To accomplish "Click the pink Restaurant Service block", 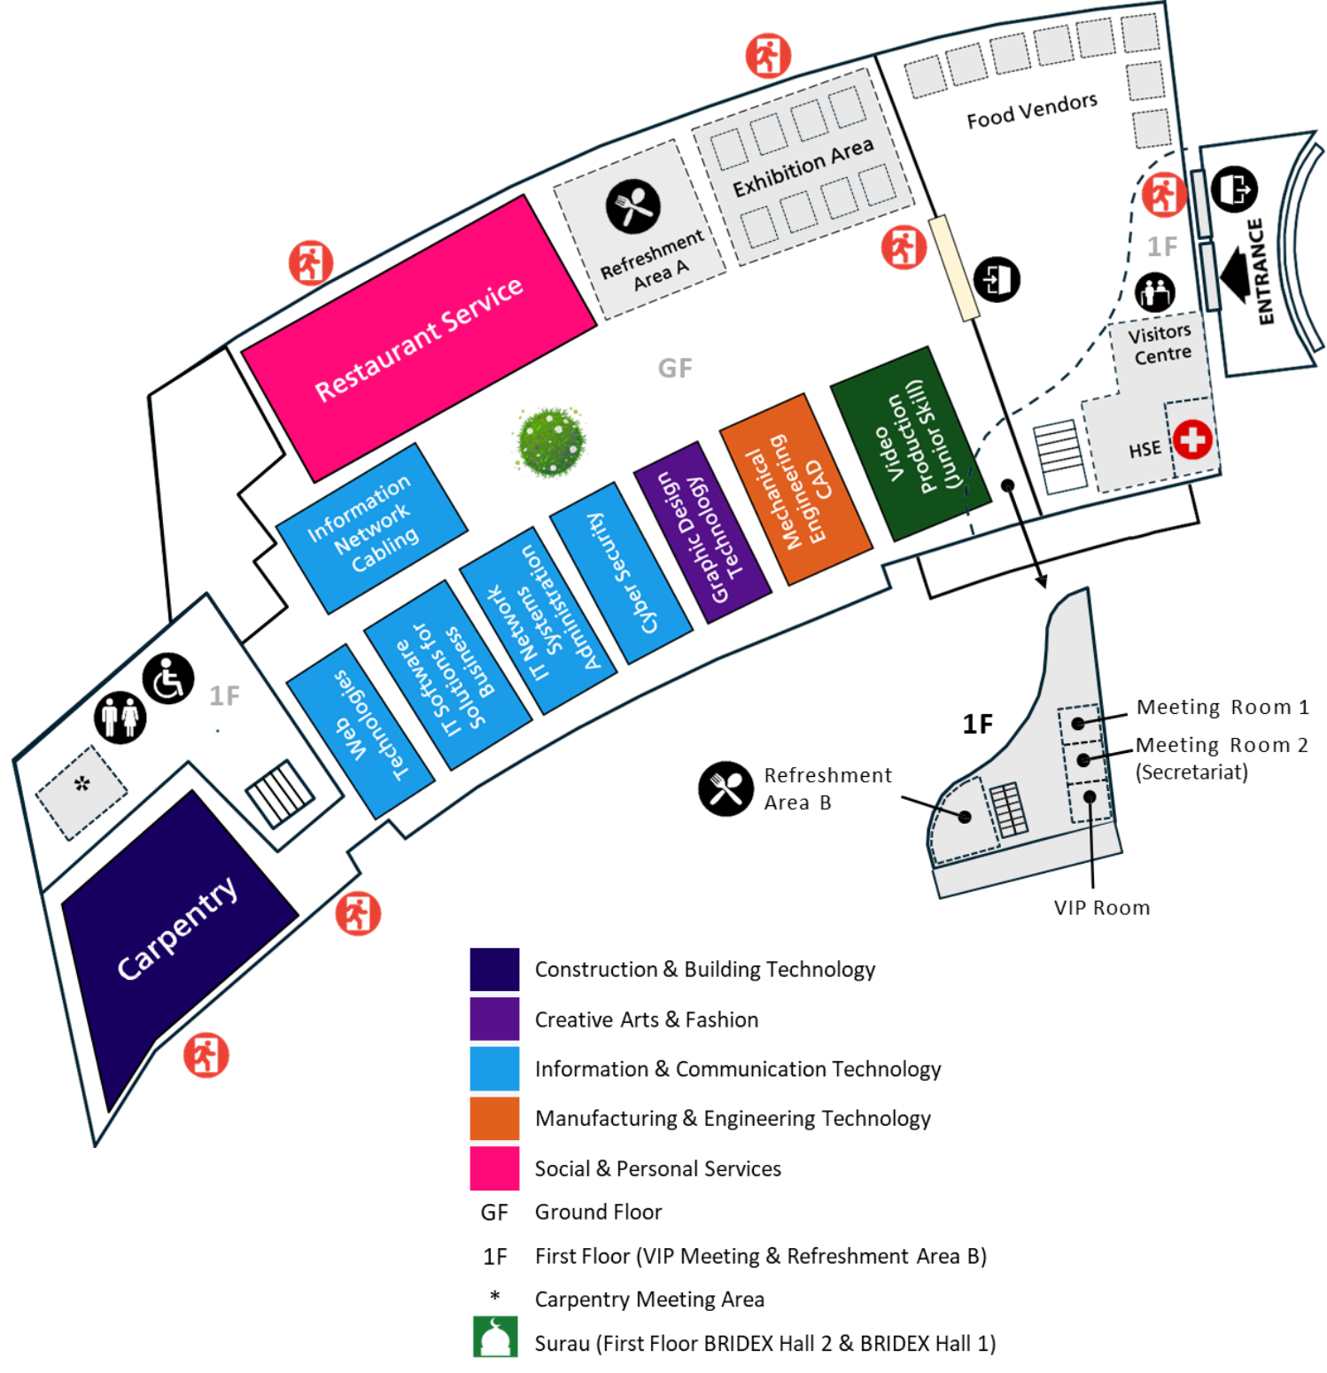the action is pyautogui.click(x=418, y=337).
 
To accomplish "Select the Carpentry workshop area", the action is pyautogui.click(x=177, y=930).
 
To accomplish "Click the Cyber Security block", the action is pyautogui.click(x=621, y=572).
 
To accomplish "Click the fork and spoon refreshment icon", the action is pyautogui.click(x=633, y=206).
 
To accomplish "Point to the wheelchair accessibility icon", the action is pyautogui.click(x=168, y=679).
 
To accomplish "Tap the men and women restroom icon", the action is pyautogui.click(x=120, y=717).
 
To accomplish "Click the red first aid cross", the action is pyautogui.click(x=1192, y=439).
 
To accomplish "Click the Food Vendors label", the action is pyautogui.click(x=1031, y=112).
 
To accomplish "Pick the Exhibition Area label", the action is pyautogui.click(x=803, y=167).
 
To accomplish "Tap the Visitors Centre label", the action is pyautogui.click(x=1161, y=344).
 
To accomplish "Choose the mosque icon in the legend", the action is pyautogui.click(x=494, y=1338).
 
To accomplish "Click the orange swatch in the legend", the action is pyautogui.click(x=494, y=1118).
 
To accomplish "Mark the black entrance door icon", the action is pyautogui.click(x=997, y=280).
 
